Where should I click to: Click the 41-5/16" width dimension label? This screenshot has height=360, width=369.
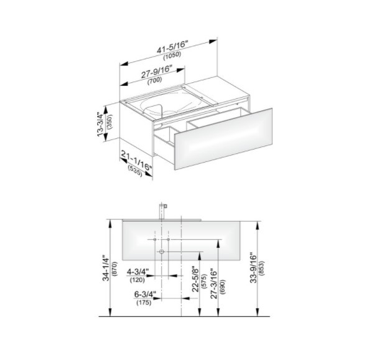coord(173,46)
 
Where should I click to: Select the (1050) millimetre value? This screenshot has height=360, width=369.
coord(172,55)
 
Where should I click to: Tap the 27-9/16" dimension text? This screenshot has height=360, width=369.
coord(156,72)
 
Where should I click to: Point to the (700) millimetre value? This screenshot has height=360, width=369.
coord(154,80)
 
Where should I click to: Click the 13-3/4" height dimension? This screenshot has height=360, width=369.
coord(100,124)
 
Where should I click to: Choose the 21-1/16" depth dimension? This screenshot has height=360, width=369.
coord(136,161)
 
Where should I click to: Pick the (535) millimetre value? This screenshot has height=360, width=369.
coord(135,171)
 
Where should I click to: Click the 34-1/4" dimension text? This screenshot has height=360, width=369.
coord(106,268)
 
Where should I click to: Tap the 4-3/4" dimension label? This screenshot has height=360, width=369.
coord(138,272)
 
